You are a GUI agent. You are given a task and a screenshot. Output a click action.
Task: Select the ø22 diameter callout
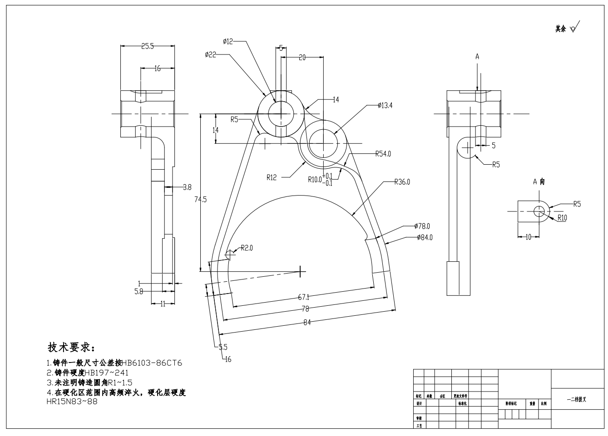tap(210, 55)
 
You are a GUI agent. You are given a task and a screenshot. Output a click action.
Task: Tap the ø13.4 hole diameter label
tap(385, 106)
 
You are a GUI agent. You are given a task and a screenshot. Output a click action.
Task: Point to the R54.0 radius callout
tap(383, 154)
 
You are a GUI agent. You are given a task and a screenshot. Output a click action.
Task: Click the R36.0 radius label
tap(401, 182)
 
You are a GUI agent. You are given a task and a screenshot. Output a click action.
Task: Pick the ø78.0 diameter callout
tap(422, 226)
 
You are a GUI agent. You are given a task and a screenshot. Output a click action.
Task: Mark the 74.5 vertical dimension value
tap(200, 199)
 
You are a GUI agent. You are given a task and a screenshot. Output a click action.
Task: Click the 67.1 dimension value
tap(303, 297)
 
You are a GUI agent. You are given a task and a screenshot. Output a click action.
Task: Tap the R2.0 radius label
tap(247, 248)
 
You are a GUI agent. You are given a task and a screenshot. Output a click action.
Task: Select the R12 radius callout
tap(272, 177)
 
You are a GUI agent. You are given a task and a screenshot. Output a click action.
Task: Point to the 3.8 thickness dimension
tap(187, 186)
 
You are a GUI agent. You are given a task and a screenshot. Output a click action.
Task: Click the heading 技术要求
tap(71, 348)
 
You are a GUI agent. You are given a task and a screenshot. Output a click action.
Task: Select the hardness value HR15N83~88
tap(72, 401)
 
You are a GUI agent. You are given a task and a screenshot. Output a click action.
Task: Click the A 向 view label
tap(539, 181)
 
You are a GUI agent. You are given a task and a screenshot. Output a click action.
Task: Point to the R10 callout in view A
tap(562, 218)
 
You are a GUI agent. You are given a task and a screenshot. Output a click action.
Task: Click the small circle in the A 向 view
tap(539, 211)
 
